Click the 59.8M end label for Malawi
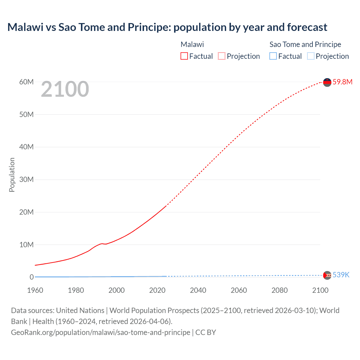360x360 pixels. pyautogui.click(x=342, y=82)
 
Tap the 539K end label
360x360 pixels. pyautogui.click(x=341, y=275)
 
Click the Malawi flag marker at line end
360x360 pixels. pyautogui.click(x=327, y=82)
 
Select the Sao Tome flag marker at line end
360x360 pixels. pyautogui.click(x=327, y=275)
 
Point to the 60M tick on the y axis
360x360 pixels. pyautogui.click(x=26, y=82)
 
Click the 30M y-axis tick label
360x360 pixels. pyautogui.click(x=26, y=179)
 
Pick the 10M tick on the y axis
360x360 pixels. pyautogui.click(x=26, y=245)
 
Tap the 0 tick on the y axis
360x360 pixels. pyautogui.click(x=31, y=277)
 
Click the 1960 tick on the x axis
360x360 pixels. pyautogui.click(x=35, y=290)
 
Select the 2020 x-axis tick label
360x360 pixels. pyautogui.click(x=157, y=290)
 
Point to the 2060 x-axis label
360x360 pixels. pyautogui.click(x=239, y=290)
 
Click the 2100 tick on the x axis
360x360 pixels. pyautogui.click(x=320, y=290)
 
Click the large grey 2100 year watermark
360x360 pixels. pyautogui.click(x=65, y=89)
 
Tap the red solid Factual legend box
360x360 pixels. pyautogui.click(x=184, y=56)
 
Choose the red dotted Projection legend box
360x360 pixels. pyautogui.click(x=222, y=56)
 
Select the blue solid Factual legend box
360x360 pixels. pyautogui.click(x=273, y=56)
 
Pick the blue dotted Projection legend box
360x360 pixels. pyautogui.click(x=310, y=56)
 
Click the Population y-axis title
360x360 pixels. pyautogui.click(x=12, y=175)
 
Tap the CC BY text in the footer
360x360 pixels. pyautogui.click(x=206, y=332)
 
